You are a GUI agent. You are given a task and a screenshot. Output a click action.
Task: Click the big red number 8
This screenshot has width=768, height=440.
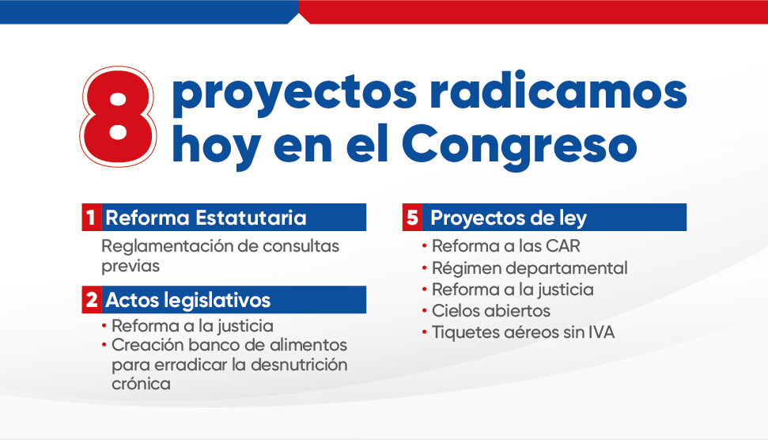coord(118,116)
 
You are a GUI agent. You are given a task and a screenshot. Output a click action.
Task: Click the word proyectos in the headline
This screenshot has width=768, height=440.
coord(294,93)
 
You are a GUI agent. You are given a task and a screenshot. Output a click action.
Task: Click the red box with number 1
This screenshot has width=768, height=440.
coord(91,217)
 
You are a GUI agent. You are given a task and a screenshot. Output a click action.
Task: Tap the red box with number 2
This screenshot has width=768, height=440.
coord(91,299)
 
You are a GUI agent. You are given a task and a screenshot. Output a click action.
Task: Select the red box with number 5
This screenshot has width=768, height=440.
coord(412,217)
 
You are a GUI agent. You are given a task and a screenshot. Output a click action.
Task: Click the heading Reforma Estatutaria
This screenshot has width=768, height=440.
coord(206,218)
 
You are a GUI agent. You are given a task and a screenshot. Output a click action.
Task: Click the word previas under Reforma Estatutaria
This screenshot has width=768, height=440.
coord(131,266)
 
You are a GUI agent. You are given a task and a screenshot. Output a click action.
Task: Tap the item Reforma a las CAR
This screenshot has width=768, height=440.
coord(505,246)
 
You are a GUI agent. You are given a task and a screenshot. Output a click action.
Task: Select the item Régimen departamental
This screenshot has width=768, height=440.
coord(529,268)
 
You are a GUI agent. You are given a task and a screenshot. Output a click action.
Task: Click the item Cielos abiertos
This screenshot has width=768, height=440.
coord(490,311)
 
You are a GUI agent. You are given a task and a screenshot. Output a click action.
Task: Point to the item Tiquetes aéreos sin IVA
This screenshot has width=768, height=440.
coord(523,332)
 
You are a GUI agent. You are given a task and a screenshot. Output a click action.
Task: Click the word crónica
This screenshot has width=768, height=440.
coord(141,384)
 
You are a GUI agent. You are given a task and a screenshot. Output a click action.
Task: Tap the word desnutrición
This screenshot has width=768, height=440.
coord(299,365)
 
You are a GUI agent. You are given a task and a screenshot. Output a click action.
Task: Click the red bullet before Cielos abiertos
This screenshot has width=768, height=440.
coord(425,311)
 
